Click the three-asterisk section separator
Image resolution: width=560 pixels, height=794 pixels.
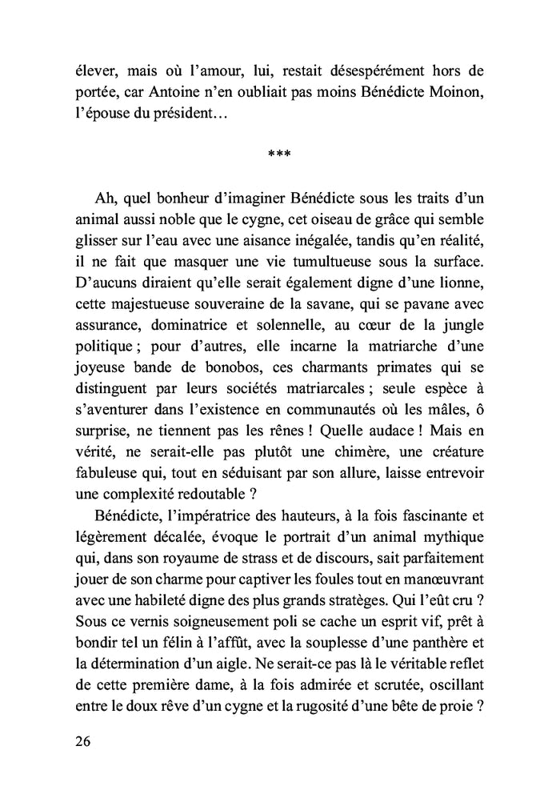coord(279,154)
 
